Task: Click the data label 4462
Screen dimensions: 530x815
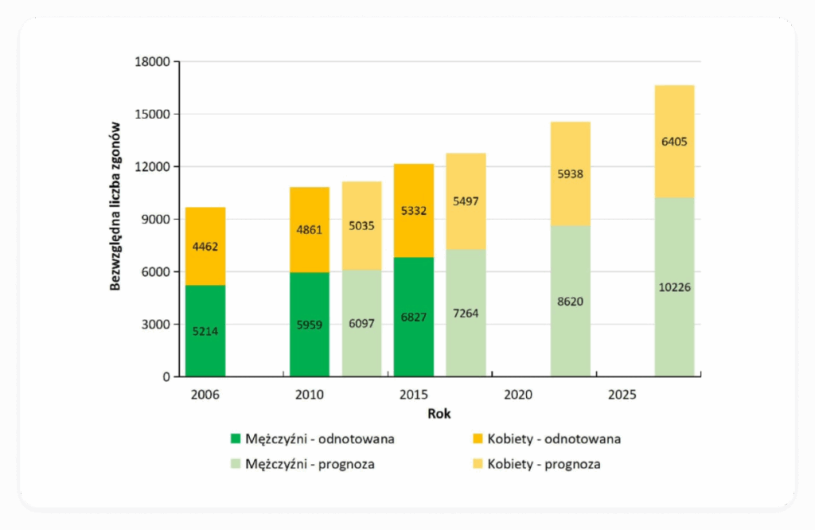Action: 205,247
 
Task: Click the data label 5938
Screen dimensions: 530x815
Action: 570,173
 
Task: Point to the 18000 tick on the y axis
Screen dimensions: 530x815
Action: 154,62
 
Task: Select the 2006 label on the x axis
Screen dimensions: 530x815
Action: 205,394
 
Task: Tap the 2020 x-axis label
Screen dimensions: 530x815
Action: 518,394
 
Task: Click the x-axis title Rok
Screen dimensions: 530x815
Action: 439,413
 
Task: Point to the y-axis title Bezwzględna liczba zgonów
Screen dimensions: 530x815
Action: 115,206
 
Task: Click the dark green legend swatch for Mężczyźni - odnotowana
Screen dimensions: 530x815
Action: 235,438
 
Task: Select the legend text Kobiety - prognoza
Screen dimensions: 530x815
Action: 544,464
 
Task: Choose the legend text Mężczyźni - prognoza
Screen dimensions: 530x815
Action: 310,464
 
